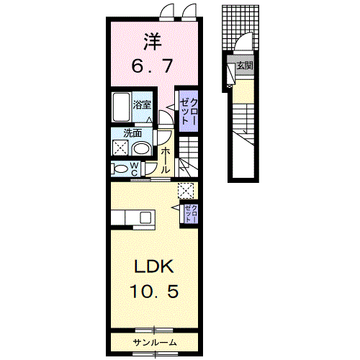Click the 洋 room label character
153,42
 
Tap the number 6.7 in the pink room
152,66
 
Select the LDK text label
154,266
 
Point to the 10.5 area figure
154,291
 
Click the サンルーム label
155,343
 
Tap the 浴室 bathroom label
142,104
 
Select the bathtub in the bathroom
122,107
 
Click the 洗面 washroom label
132,133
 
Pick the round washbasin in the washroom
142,149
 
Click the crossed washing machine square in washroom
121,148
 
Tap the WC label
135,168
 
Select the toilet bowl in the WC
120,168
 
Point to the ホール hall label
165,161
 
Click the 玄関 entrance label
245,66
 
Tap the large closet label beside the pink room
189,111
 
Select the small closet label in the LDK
192,214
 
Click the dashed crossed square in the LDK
186,191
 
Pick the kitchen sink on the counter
146,218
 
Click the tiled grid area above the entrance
240,27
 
